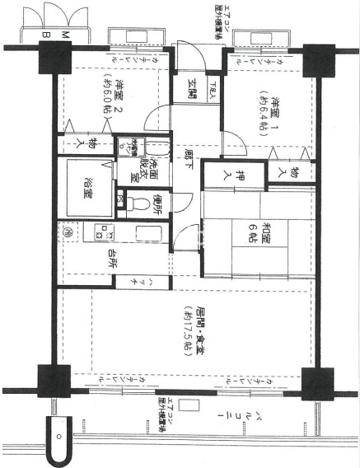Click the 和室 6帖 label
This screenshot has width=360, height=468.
[x=245, y=232]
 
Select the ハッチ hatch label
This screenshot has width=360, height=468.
[x=130, y=282]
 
